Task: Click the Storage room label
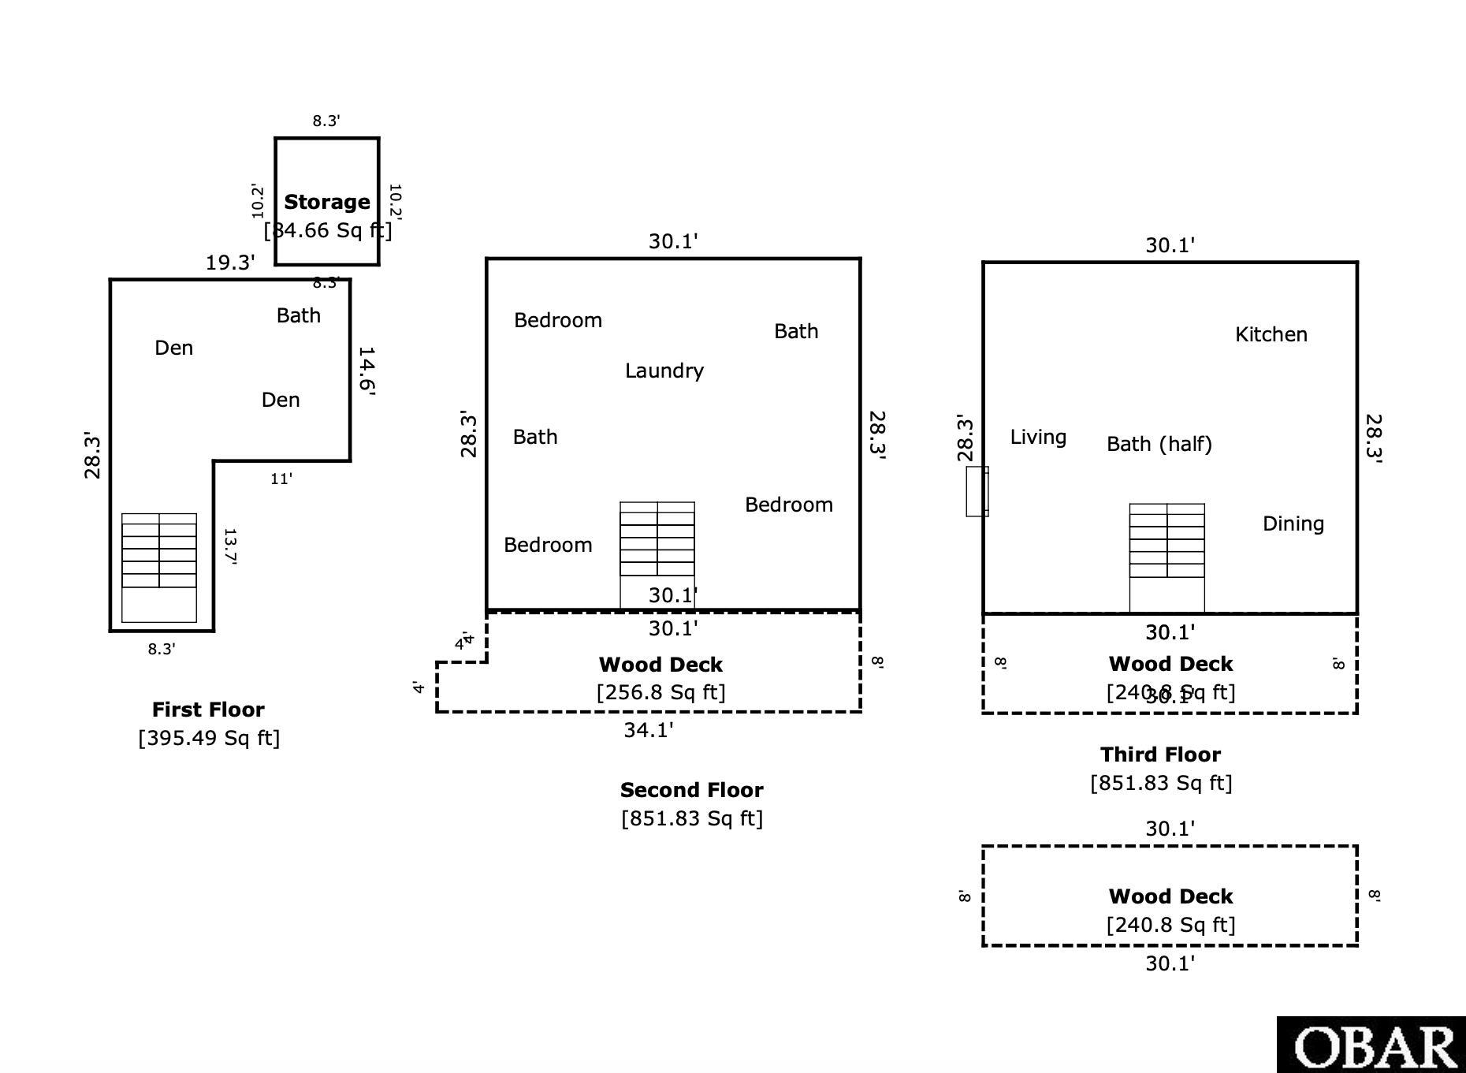click(326, 202)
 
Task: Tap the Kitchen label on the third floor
click(1271, 334)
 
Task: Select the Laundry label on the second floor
click(664, 371)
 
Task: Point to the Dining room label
click(1293, 523)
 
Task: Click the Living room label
click(1038, 437)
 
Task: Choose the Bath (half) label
click(1159, 444)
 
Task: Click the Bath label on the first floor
click(298, 315)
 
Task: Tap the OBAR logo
click(1371, 1046)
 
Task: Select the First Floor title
click(208, 710)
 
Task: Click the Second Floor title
click(691, 790)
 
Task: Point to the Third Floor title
click(1160, 754)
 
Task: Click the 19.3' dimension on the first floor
click(230, 263)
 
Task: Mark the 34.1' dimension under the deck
click(648, 730)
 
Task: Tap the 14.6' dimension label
click(366, 369)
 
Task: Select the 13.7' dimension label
click(230, 546)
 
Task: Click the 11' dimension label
click(281, 479)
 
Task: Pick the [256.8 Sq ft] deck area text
click(660, 692)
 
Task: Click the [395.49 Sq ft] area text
click(209, 738)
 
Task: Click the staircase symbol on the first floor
click(159, 567)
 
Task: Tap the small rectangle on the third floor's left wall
click(977, 491)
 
